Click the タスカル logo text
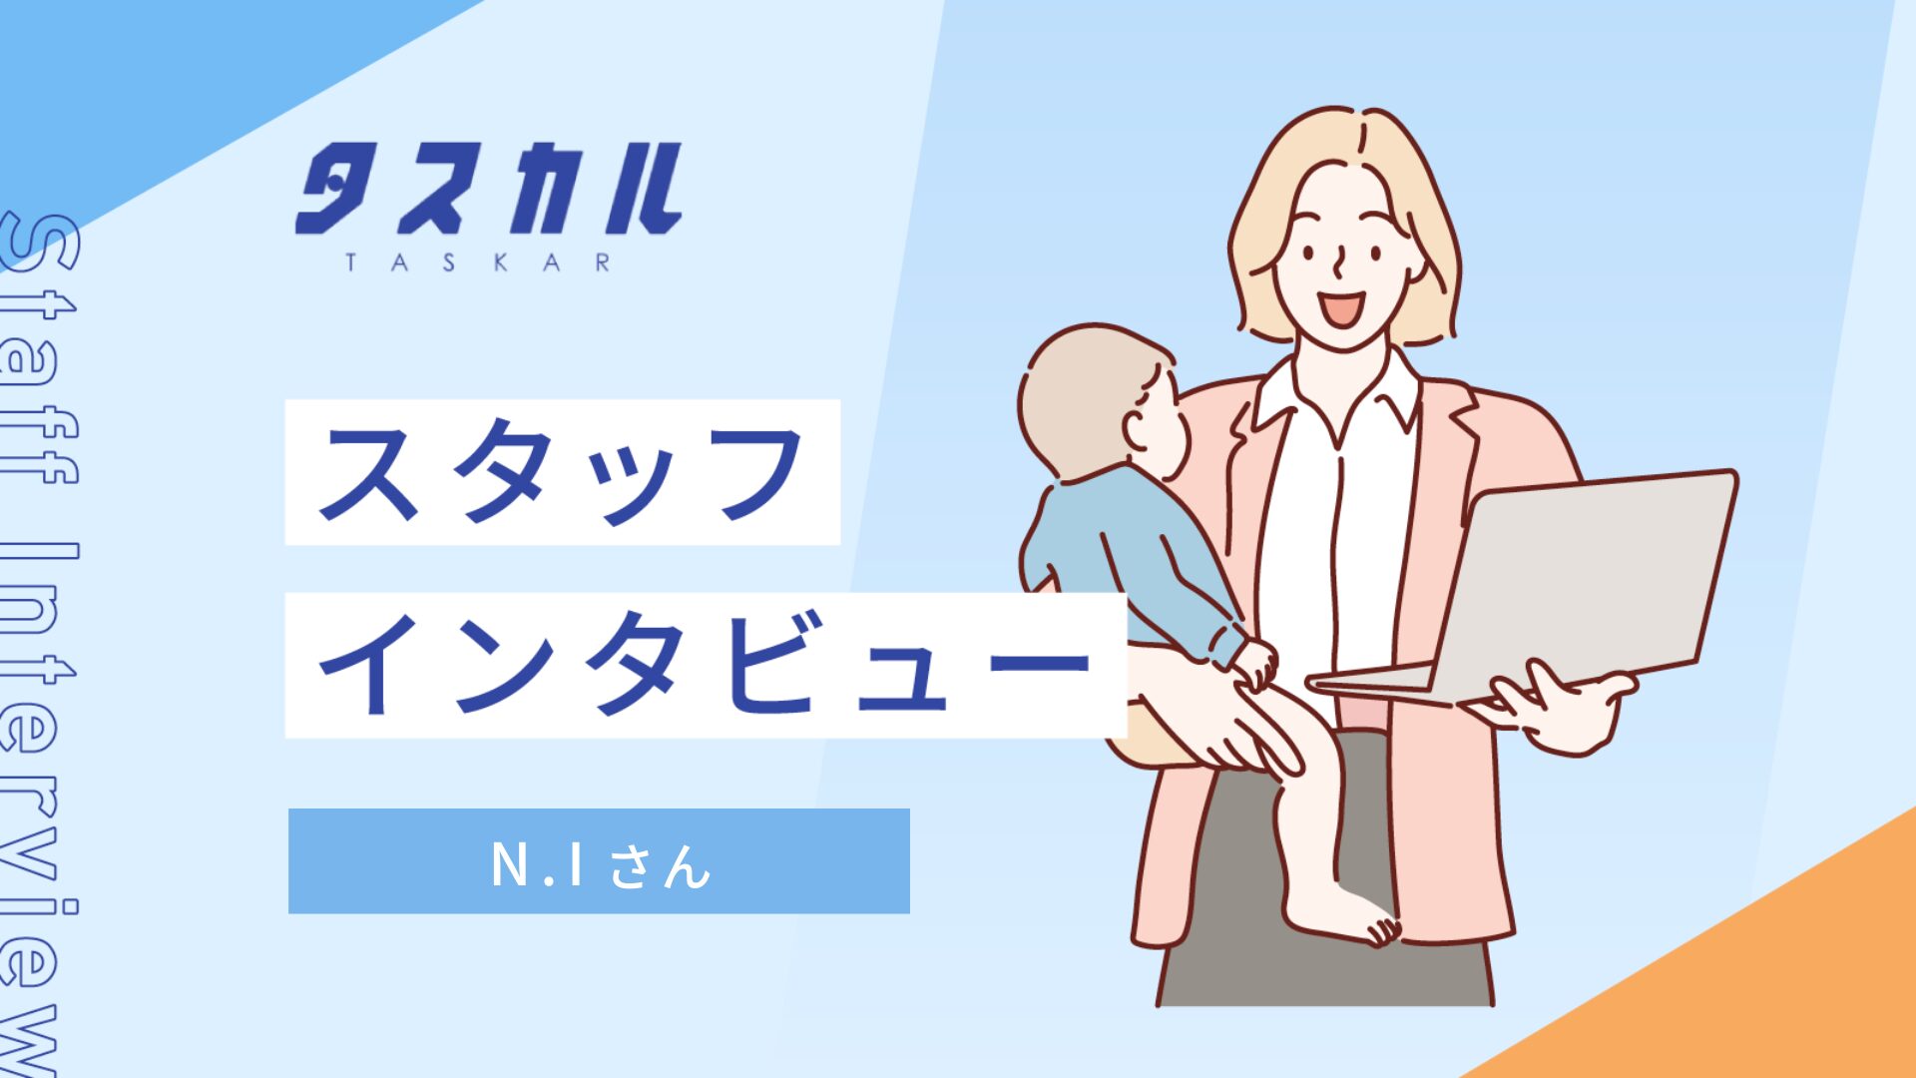(489, 190)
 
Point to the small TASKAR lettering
(478, 263)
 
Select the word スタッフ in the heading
(561, 472)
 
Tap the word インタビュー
(705, 664)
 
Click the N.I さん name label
(600, 864)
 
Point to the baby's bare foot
(1342, 918)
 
